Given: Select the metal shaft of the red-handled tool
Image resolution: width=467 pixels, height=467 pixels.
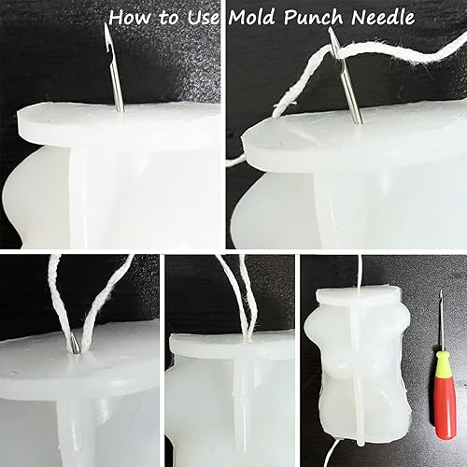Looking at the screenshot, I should click(x=440, y=322).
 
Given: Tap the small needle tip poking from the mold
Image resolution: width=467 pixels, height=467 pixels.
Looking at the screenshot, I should click(x=72, y=345).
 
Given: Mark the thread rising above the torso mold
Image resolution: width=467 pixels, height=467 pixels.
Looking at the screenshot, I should click(x=357, y=271).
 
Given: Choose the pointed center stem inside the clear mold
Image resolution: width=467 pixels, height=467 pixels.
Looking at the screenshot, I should click(x=242, y=392).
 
